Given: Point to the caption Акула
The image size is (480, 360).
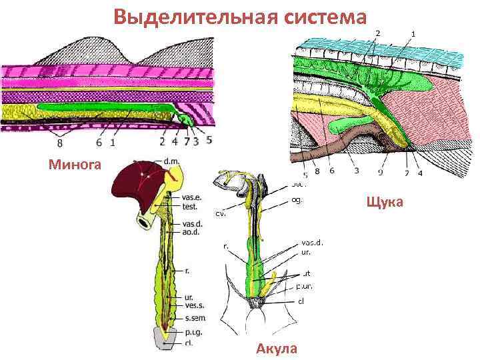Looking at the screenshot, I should point(277,349).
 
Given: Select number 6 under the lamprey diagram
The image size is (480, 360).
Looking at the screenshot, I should point(98,142).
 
